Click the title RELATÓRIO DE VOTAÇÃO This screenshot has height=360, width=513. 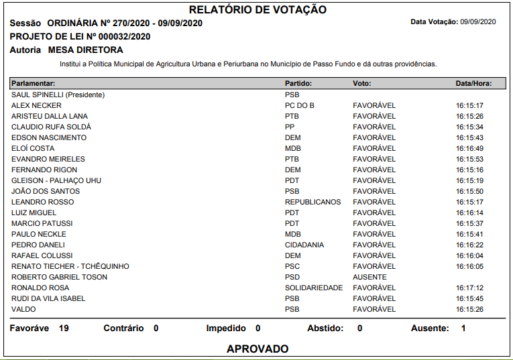coord(258,9)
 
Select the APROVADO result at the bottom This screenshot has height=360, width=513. coord(258,349)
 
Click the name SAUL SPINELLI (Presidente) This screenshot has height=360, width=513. coord(58,95)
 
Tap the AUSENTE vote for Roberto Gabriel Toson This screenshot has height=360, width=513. coord(369,277)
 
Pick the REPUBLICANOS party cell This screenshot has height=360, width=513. coord(312,202)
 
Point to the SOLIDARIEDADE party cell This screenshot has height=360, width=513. coord(314,288)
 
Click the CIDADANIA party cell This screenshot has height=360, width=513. coord(304,245)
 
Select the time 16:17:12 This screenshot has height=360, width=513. coord(469,288)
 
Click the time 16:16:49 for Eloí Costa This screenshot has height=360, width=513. coord(469,148)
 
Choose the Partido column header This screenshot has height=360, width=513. coord(298,83)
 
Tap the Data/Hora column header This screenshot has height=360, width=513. coord(473,83)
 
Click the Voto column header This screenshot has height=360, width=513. coord(362,83)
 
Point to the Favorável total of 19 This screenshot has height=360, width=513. coord(64,328)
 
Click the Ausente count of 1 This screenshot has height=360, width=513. coord(463,328)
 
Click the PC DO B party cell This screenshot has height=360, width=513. coord(300,105)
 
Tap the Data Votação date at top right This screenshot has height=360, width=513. coord(477,22)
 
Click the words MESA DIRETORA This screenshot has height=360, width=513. coord(85,50)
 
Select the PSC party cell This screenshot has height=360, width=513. coord(292,266)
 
